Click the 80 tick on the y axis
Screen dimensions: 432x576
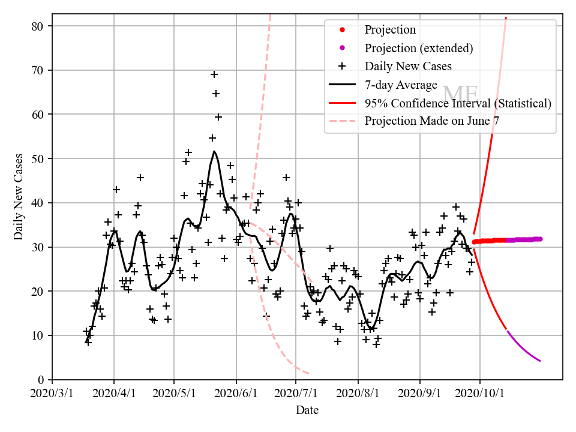[x=41, y=26]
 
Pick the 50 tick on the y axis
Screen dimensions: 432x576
[x=41, y=158]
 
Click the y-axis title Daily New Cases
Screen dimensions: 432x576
[x=19, y=196]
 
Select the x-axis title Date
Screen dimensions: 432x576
[x=307, y=410]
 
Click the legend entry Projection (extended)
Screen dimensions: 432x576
[x=419, y=48]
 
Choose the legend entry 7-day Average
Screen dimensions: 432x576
[x=401, y=85]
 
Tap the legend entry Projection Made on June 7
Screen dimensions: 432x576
[x=431, y=121]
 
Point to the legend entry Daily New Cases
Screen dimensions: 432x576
[x=408, y=66]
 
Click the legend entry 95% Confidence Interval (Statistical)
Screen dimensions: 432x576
[x=458, y=103]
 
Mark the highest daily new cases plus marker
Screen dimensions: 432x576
[x=214, y=74]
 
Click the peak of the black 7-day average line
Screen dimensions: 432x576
[x=214, y=151]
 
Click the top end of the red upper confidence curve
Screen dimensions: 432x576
[x=506, y=19]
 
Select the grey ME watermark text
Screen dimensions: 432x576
[x=460, y=95]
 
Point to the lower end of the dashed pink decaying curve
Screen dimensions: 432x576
[x=308, y=373]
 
